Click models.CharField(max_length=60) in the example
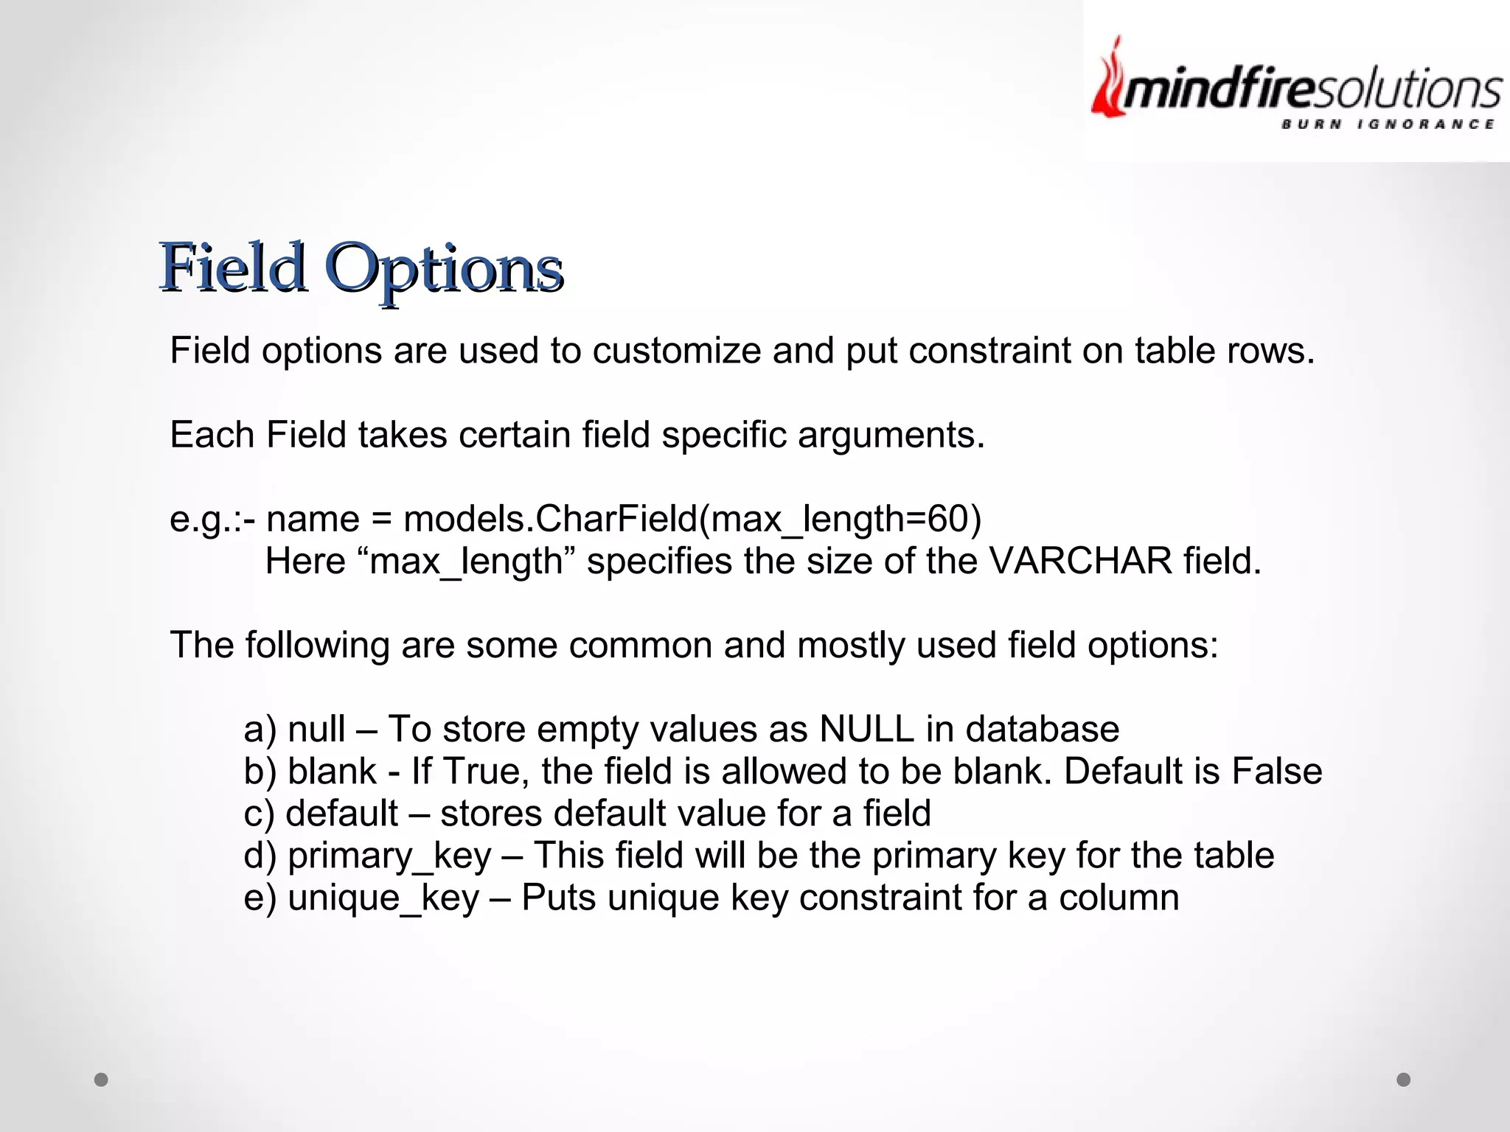(x=692, y=519)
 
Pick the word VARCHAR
(x=1080, y=562)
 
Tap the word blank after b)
(x=333, y=772)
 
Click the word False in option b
(x=1276, y=772)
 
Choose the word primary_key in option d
(x=389, y=856)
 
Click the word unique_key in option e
(x=383, y=898)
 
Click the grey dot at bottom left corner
(x=102, y=1080)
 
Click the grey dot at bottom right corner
(x=1403, y=1080)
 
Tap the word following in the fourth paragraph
(x=317, y=646)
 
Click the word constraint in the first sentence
(x=989, y=351)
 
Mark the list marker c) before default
(x=259, y=814)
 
